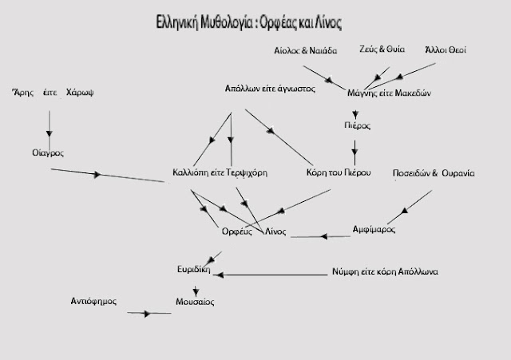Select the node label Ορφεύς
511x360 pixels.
tap(237, 231)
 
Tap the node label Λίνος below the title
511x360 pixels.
tap(275, 231)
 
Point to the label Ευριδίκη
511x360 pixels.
tap(194, 270)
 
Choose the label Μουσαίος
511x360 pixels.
tap(195, 302)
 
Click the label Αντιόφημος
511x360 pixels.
tap(93, 301)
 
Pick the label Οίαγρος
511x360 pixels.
tap(48, 152)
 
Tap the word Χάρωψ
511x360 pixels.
tap(80, 93)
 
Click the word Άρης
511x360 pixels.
tap(23, 93)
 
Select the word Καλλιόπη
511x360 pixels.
tap(190, 172)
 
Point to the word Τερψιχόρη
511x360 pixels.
tap(247, 172)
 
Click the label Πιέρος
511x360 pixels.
tap(357, 125)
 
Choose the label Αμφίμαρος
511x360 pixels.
tap(374, 229)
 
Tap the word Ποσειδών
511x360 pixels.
tap(411, 173)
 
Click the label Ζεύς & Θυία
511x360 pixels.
tap(382, 49)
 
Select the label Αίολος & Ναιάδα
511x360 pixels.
tap(305, 50)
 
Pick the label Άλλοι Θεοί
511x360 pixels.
tap(446, 49)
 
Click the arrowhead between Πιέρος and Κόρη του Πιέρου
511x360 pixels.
tap(355, 152)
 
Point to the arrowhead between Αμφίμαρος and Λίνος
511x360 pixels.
tap(324, 236)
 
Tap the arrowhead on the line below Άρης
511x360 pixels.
tap(50, 133)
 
